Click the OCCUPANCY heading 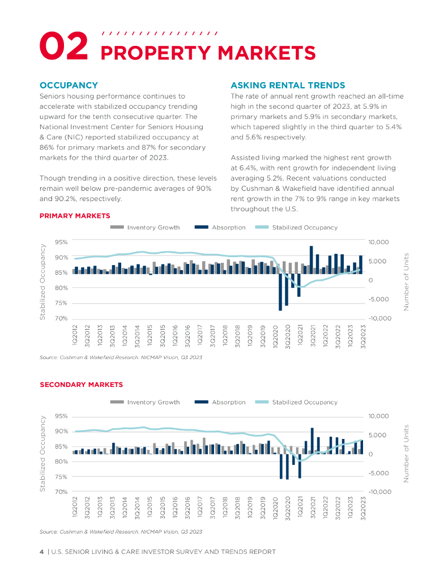tap(69, 86)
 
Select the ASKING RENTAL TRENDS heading tap(288, 86)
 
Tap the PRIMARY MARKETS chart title tap(75, 216)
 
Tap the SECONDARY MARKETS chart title tap(81, 385)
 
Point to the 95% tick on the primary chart tap(61, 242)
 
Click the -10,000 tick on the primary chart tap(379, 318)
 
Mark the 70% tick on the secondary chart tap(61, 492)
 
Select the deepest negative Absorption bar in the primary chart tap(280, 293)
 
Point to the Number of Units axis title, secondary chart tap(406, 454)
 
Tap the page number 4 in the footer tap(41, 552)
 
